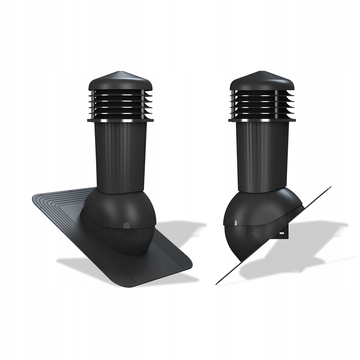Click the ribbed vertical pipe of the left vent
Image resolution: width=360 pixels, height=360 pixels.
point(118,155)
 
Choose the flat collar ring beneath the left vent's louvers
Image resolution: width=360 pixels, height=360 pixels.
point(118,120)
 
